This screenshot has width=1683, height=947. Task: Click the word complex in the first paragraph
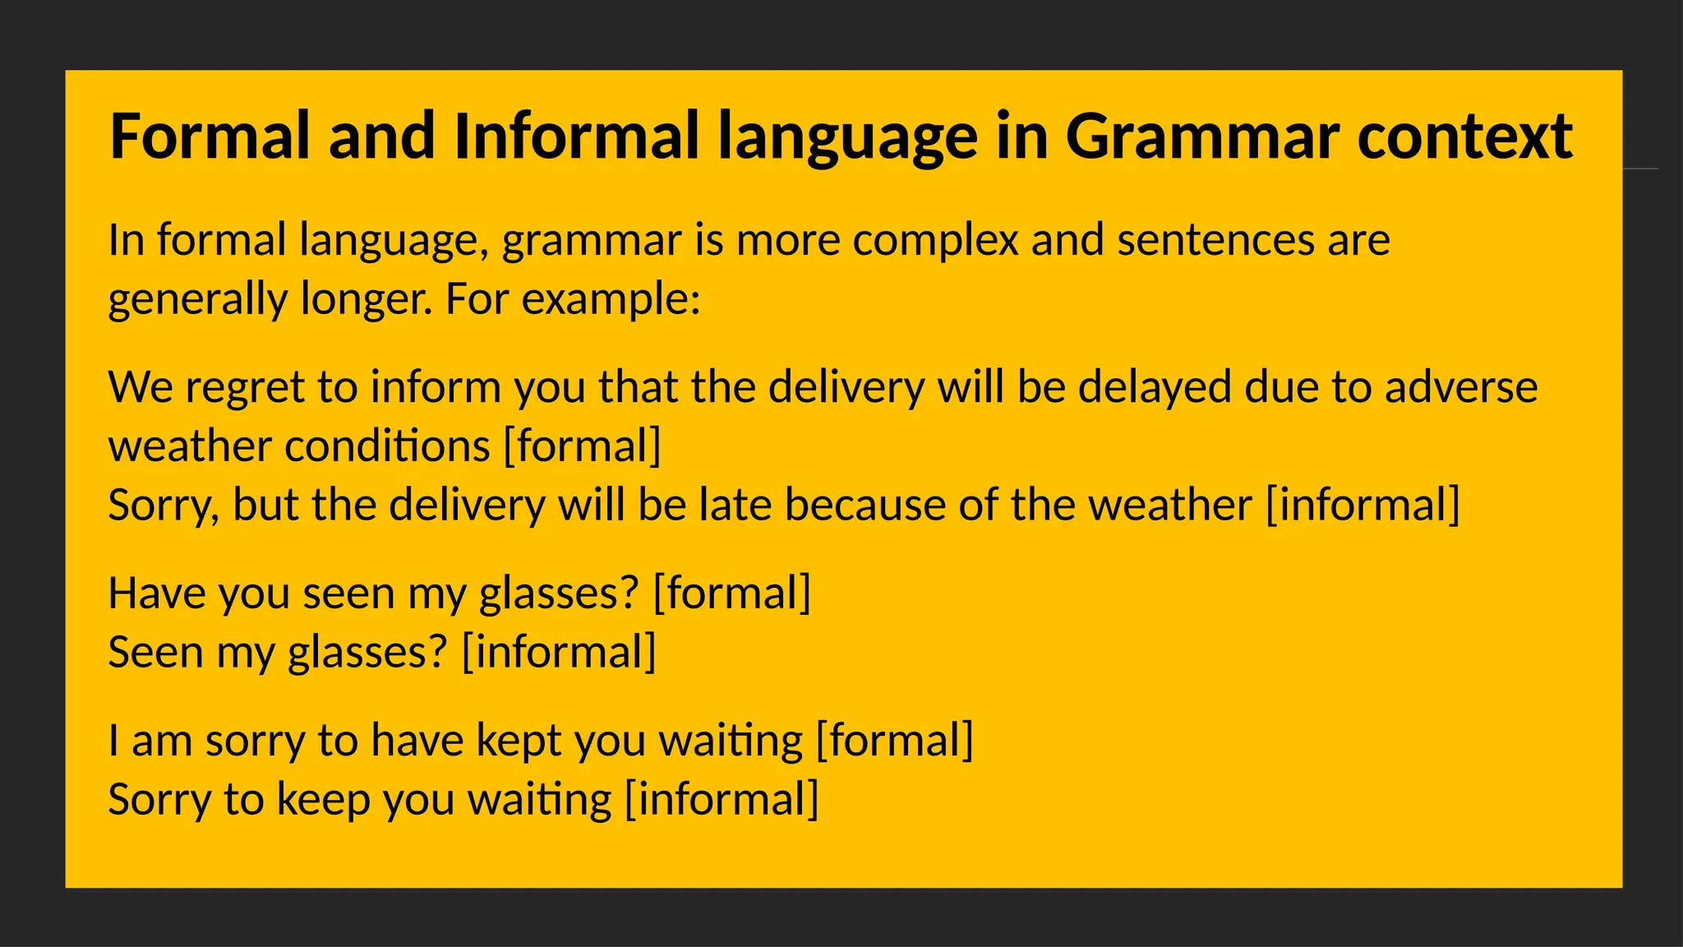935,241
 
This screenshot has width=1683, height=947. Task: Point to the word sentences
1215,241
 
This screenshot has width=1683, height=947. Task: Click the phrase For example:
573,298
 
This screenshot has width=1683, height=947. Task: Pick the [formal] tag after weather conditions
582,446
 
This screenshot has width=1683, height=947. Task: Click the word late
735,505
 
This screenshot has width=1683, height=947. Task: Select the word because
865,505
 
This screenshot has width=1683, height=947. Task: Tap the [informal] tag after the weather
1363,505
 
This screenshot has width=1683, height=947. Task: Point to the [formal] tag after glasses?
731,594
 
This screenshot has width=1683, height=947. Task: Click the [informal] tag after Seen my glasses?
559,652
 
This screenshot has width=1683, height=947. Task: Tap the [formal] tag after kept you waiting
894,741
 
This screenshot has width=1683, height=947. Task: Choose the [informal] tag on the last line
722,800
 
